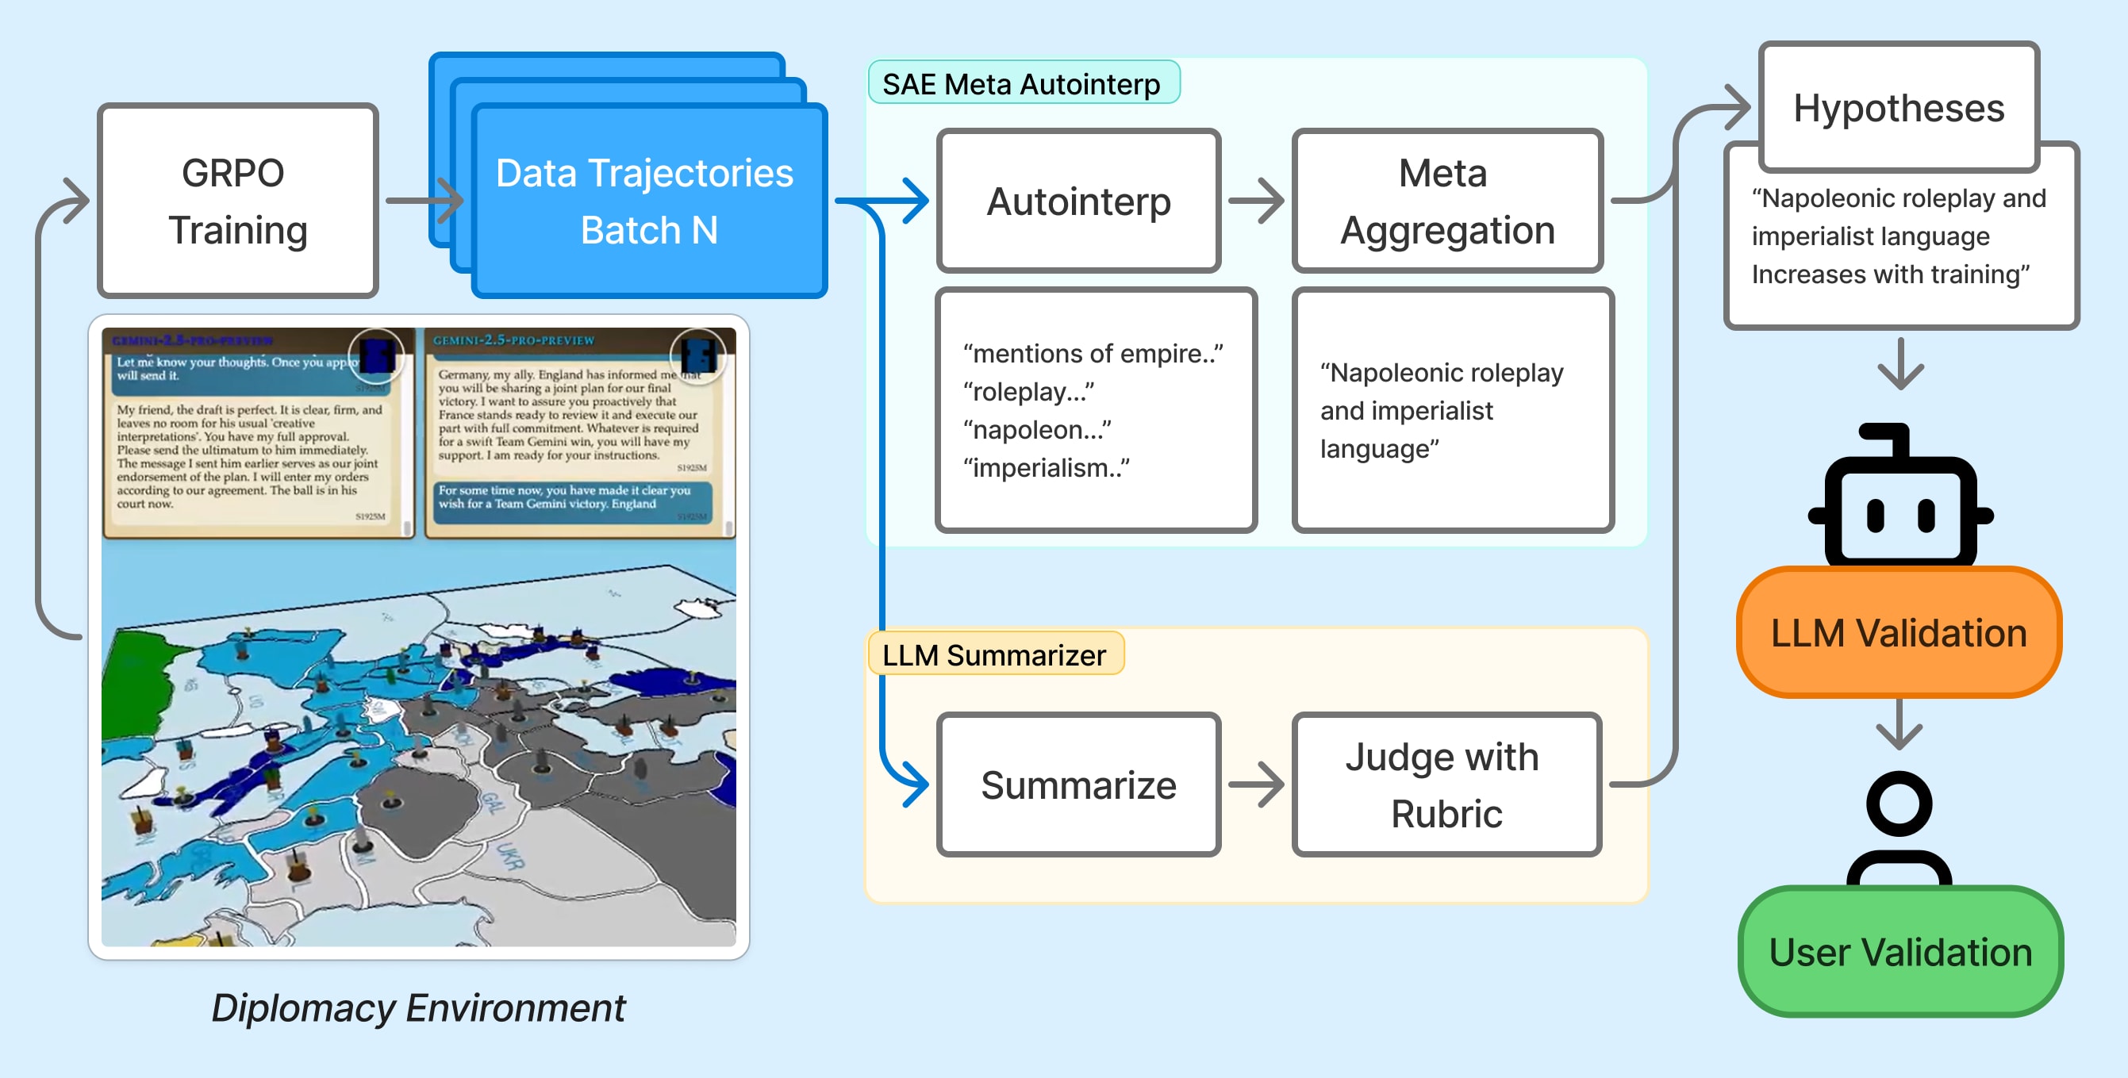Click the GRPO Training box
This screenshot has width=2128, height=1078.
coord(237,201)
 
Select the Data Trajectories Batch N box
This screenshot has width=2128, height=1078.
coord(647,201)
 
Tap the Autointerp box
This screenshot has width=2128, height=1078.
coord(1078,201)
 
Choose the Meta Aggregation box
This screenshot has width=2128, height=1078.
coord(1446,201)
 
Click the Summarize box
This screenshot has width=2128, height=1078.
coord(1078,784)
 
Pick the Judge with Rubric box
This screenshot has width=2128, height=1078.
coord(1446,784)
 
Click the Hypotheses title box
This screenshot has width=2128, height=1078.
coord(1899,107)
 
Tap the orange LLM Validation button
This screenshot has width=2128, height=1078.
coord(1899,633)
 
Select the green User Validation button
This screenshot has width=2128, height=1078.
coord(1900,952)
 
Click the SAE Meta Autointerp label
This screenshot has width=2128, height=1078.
coord(1022,83)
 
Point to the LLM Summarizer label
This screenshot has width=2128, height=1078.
coord(994,654)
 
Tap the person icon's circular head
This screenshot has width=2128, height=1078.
coord(1899,803)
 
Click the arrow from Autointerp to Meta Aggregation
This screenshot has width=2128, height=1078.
coord(1256,201)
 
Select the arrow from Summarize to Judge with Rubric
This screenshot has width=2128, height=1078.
coord(1256,784)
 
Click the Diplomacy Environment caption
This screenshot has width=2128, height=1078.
coord(418,1007)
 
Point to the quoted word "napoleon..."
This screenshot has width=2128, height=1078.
coord(1037,430)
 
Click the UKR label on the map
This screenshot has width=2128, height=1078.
coord(509,856)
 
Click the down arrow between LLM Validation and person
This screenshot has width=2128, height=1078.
coord(1899,725)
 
